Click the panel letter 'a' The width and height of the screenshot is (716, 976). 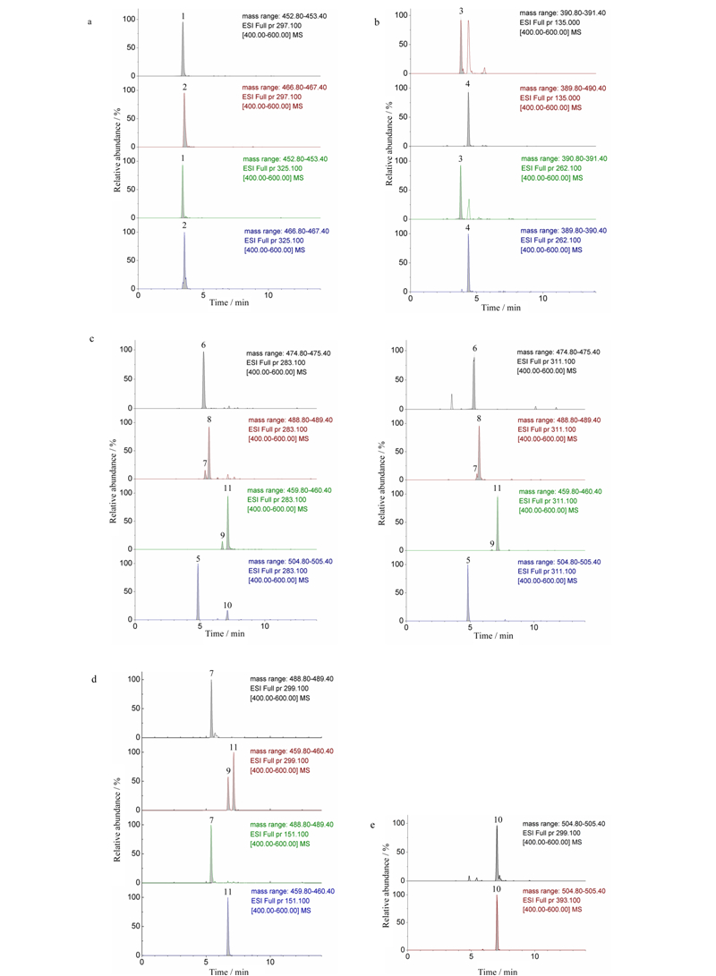click(89, 21)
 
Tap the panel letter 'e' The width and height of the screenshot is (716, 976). click(373, 826)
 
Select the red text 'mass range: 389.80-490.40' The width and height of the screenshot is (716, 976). click(563, 89)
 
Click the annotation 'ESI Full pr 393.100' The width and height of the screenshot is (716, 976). click(551, 900)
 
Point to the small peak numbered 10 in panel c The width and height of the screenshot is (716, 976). click(227, 615)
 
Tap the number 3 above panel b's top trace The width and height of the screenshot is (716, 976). click(461, 12)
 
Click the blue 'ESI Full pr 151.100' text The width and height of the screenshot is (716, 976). click(280, 901)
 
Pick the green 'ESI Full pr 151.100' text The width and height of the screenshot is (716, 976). click(279, 834)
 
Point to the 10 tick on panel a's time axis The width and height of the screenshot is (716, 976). click(268, 295)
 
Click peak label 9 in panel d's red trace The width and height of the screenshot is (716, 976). click(228, 770)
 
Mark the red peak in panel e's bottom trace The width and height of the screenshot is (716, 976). click(497, 922)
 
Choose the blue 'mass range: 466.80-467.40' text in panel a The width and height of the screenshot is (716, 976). click(286, 231)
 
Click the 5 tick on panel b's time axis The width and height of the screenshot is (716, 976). click(476, 298)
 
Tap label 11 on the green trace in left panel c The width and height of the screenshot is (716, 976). click(228, 488)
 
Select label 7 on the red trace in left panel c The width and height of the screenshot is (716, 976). click(205, 463)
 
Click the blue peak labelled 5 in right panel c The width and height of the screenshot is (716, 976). click(468, 592)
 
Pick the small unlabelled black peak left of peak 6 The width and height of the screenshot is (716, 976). click(452, 402)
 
